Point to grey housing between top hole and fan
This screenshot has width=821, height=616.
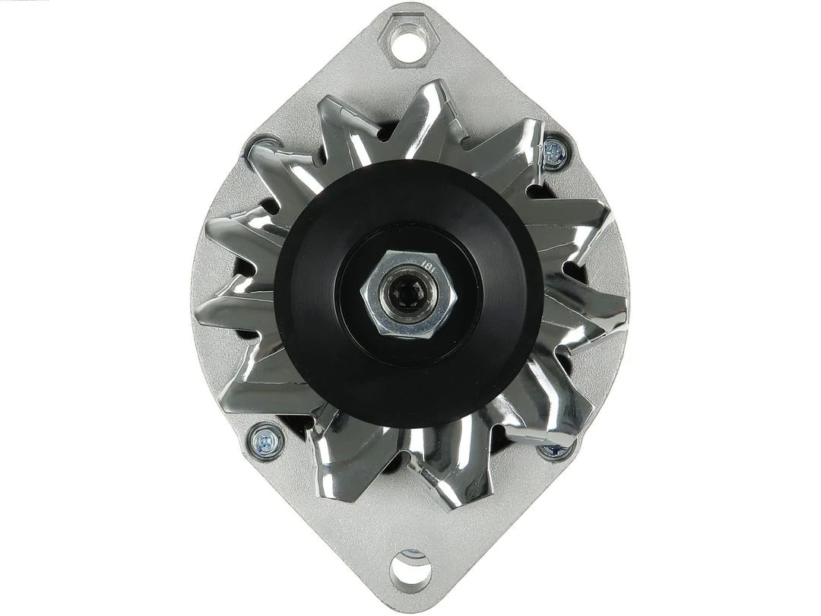click(x=410, y=76)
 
